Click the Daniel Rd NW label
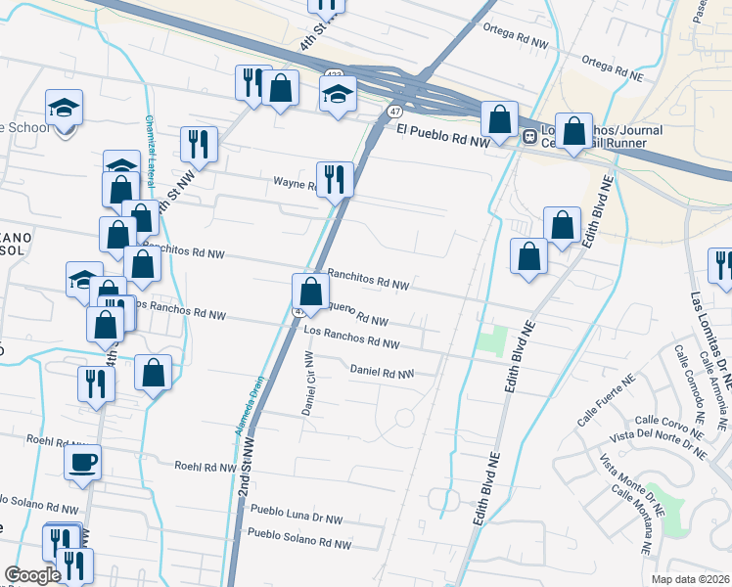pos(382,372)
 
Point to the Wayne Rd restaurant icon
pos(334,179)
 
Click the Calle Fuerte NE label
pos(607,405)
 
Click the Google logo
pos(32,575)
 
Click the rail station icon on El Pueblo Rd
pos(529,137)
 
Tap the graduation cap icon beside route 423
pos(337,95)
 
